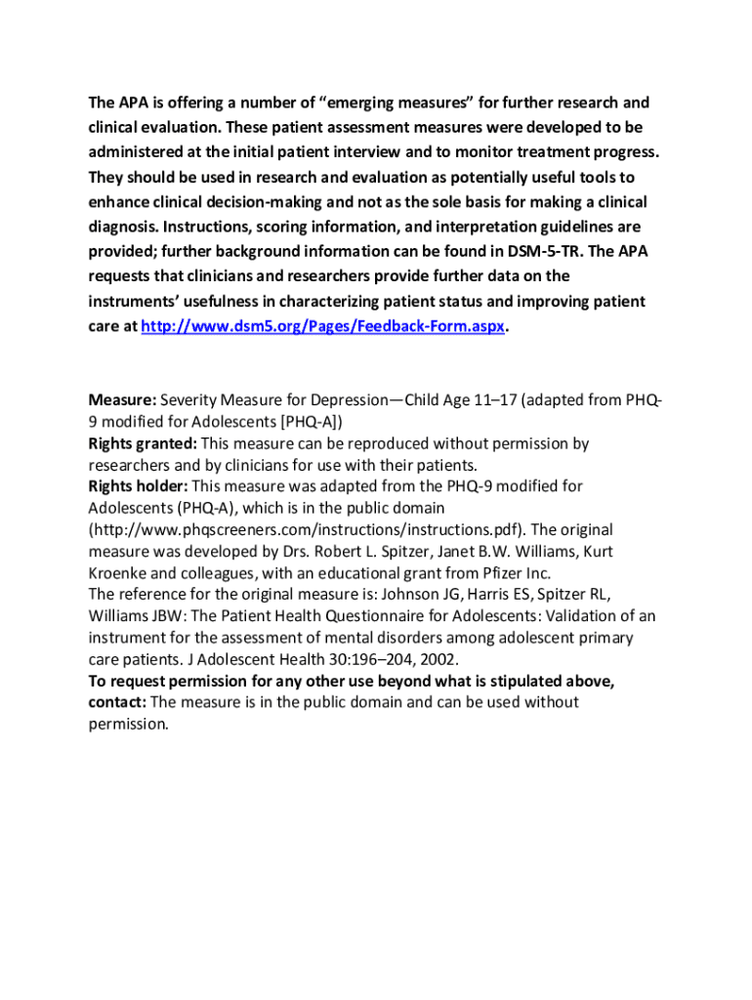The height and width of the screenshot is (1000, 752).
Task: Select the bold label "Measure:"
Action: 122,400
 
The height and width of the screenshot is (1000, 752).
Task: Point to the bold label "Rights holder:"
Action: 138,486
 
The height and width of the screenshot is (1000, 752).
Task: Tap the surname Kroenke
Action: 118,573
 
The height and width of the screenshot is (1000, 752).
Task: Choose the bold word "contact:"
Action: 117,702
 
